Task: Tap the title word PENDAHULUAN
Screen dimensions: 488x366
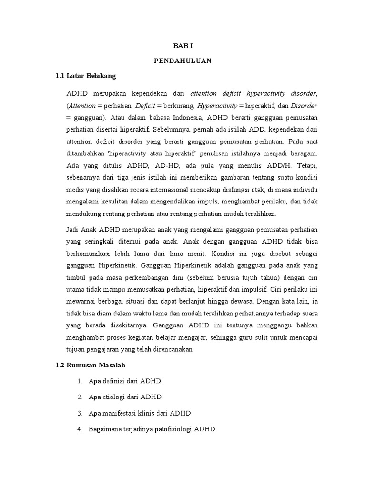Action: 183,61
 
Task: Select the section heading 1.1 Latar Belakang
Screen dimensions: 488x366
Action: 85,76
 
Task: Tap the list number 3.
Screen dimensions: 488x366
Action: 79,413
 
